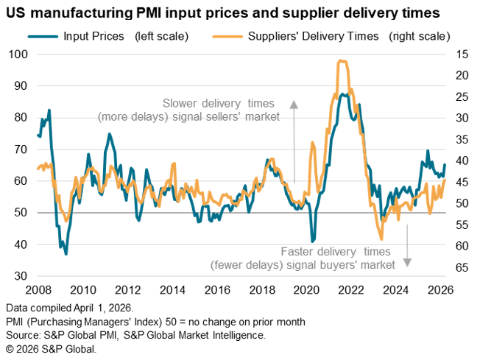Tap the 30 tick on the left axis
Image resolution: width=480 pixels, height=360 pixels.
coord(21,276)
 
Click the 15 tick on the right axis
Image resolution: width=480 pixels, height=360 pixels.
coord(462,54)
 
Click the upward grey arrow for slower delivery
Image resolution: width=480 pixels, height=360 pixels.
coord(293,140)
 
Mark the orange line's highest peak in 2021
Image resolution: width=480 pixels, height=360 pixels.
coord(339,61)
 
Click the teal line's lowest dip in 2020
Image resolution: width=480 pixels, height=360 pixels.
coord(313,241)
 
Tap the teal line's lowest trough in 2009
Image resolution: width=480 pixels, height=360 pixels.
coord(66,254)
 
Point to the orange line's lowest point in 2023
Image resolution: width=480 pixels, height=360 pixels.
coord(381,239)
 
